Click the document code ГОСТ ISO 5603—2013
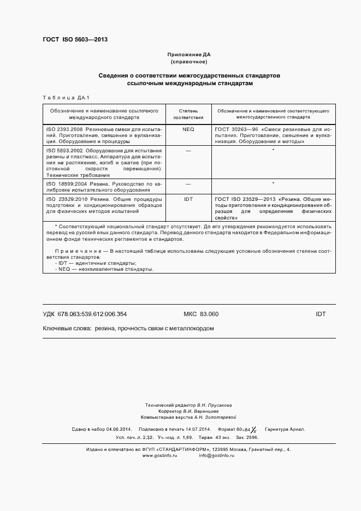(75, 40)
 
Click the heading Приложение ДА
(188, 55)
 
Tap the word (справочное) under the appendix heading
(188, 62)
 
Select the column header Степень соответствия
(188, 114)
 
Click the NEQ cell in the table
(188, 129)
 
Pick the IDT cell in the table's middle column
(188, 200)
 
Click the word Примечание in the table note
(71, 251)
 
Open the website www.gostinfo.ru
(159, 455)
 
